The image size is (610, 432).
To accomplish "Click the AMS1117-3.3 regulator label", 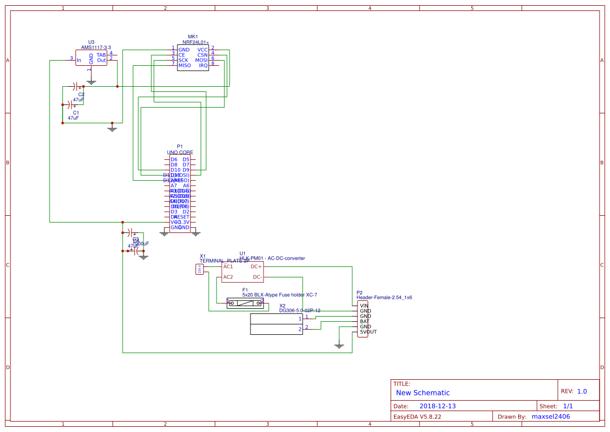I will point(96,47).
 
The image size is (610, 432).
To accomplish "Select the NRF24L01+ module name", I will point(195,42).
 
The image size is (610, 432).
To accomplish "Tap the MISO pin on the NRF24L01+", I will point(185,65).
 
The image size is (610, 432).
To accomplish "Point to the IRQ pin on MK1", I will point(203,65).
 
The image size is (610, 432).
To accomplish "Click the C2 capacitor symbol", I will point(77,86).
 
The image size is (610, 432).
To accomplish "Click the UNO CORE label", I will point(180,153).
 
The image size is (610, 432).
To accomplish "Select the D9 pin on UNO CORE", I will point(186,170).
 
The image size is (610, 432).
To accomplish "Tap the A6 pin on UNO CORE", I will point(186,185).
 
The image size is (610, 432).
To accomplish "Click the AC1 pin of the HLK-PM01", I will point(228,266).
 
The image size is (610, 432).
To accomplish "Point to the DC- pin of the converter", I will point(257,277).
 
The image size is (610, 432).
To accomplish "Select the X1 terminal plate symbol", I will point(199,269).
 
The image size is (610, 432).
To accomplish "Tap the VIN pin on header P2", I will point(364,306).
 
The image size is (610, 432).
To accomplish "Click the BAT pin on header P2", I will point(364,321).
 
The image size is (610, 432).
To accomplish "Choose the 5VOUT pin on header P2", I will point(368,332).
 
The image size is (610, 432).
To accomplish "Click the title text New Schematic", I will point(423,393).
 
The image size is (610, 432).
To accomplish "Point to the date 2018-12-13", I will point(438,406).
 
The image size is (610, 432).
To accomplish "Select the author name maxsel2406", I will point(551,416).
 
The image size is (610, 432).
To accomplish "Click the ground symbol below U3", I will point(91,81).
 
